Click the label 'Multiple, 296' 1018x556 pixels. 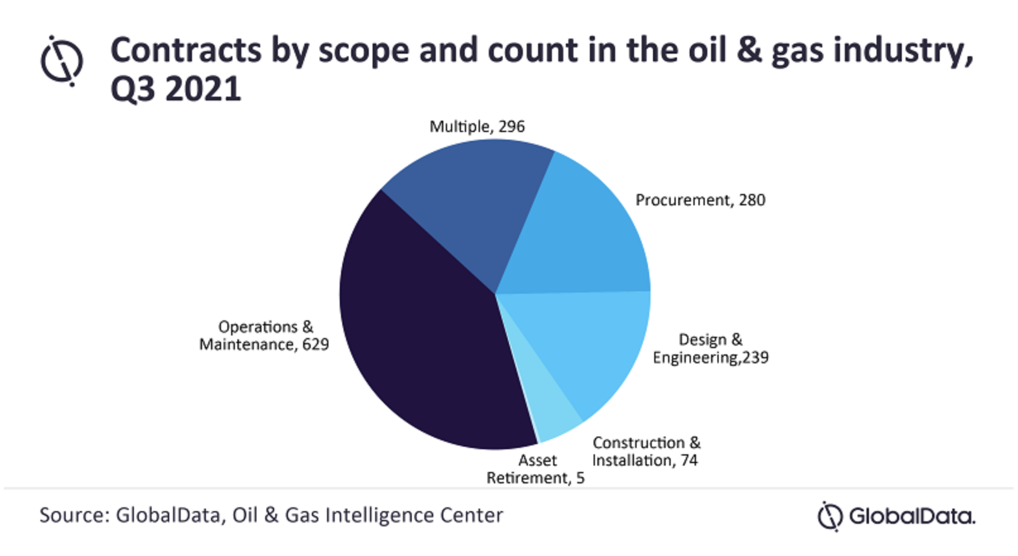(x=477, y=126)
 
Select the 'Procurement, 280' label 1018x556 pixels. (x=700, y=200)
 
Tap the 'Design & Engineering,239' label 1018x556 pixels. (x=710, y=349)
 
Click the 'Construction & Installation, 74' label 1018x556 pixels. (x=645, y=452)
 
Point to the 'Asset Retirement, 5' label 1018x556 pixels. (x=536, y=469)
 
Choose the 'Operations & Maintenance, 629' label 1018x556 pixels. (x=264, y=335)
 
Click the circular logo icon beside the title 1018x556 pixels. (x=61, y=61)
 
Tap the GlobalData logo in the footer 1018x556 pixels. (x=897, y=516)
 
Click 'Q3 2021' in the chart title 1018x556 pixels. (x=176, y=88)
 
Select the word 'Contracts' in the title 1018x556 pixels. (x=186, y=51)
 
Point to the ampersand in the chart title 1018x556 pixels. (x=749, y=51)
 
